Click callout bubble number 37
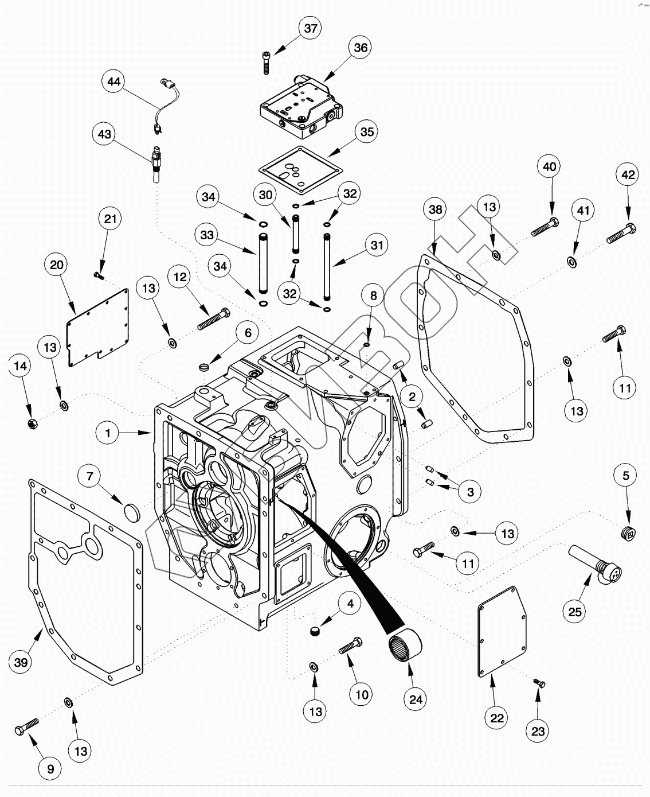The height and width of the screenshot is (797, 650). click(x=310, y=28)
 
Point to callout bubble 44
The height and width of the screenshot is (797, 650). click(x=114, y=81)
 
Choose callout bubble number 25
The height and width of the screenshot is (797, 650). click(x=575, y=612)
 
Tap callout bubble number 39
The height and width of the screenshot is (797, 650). click(x=21, y=663)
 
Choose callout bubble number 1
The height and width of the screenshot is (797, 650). click(x=108, y=433)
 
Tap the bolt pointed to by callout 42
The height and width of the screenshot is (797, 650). click(x=619, y=235)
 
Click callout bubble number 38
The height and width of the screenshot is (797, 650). click(x=436, y=209)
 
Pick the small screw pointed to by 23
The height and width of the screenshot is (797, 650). click(x=539, y=683)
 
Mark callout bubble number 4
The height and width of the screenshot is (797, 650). click(x=350, y=603)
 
